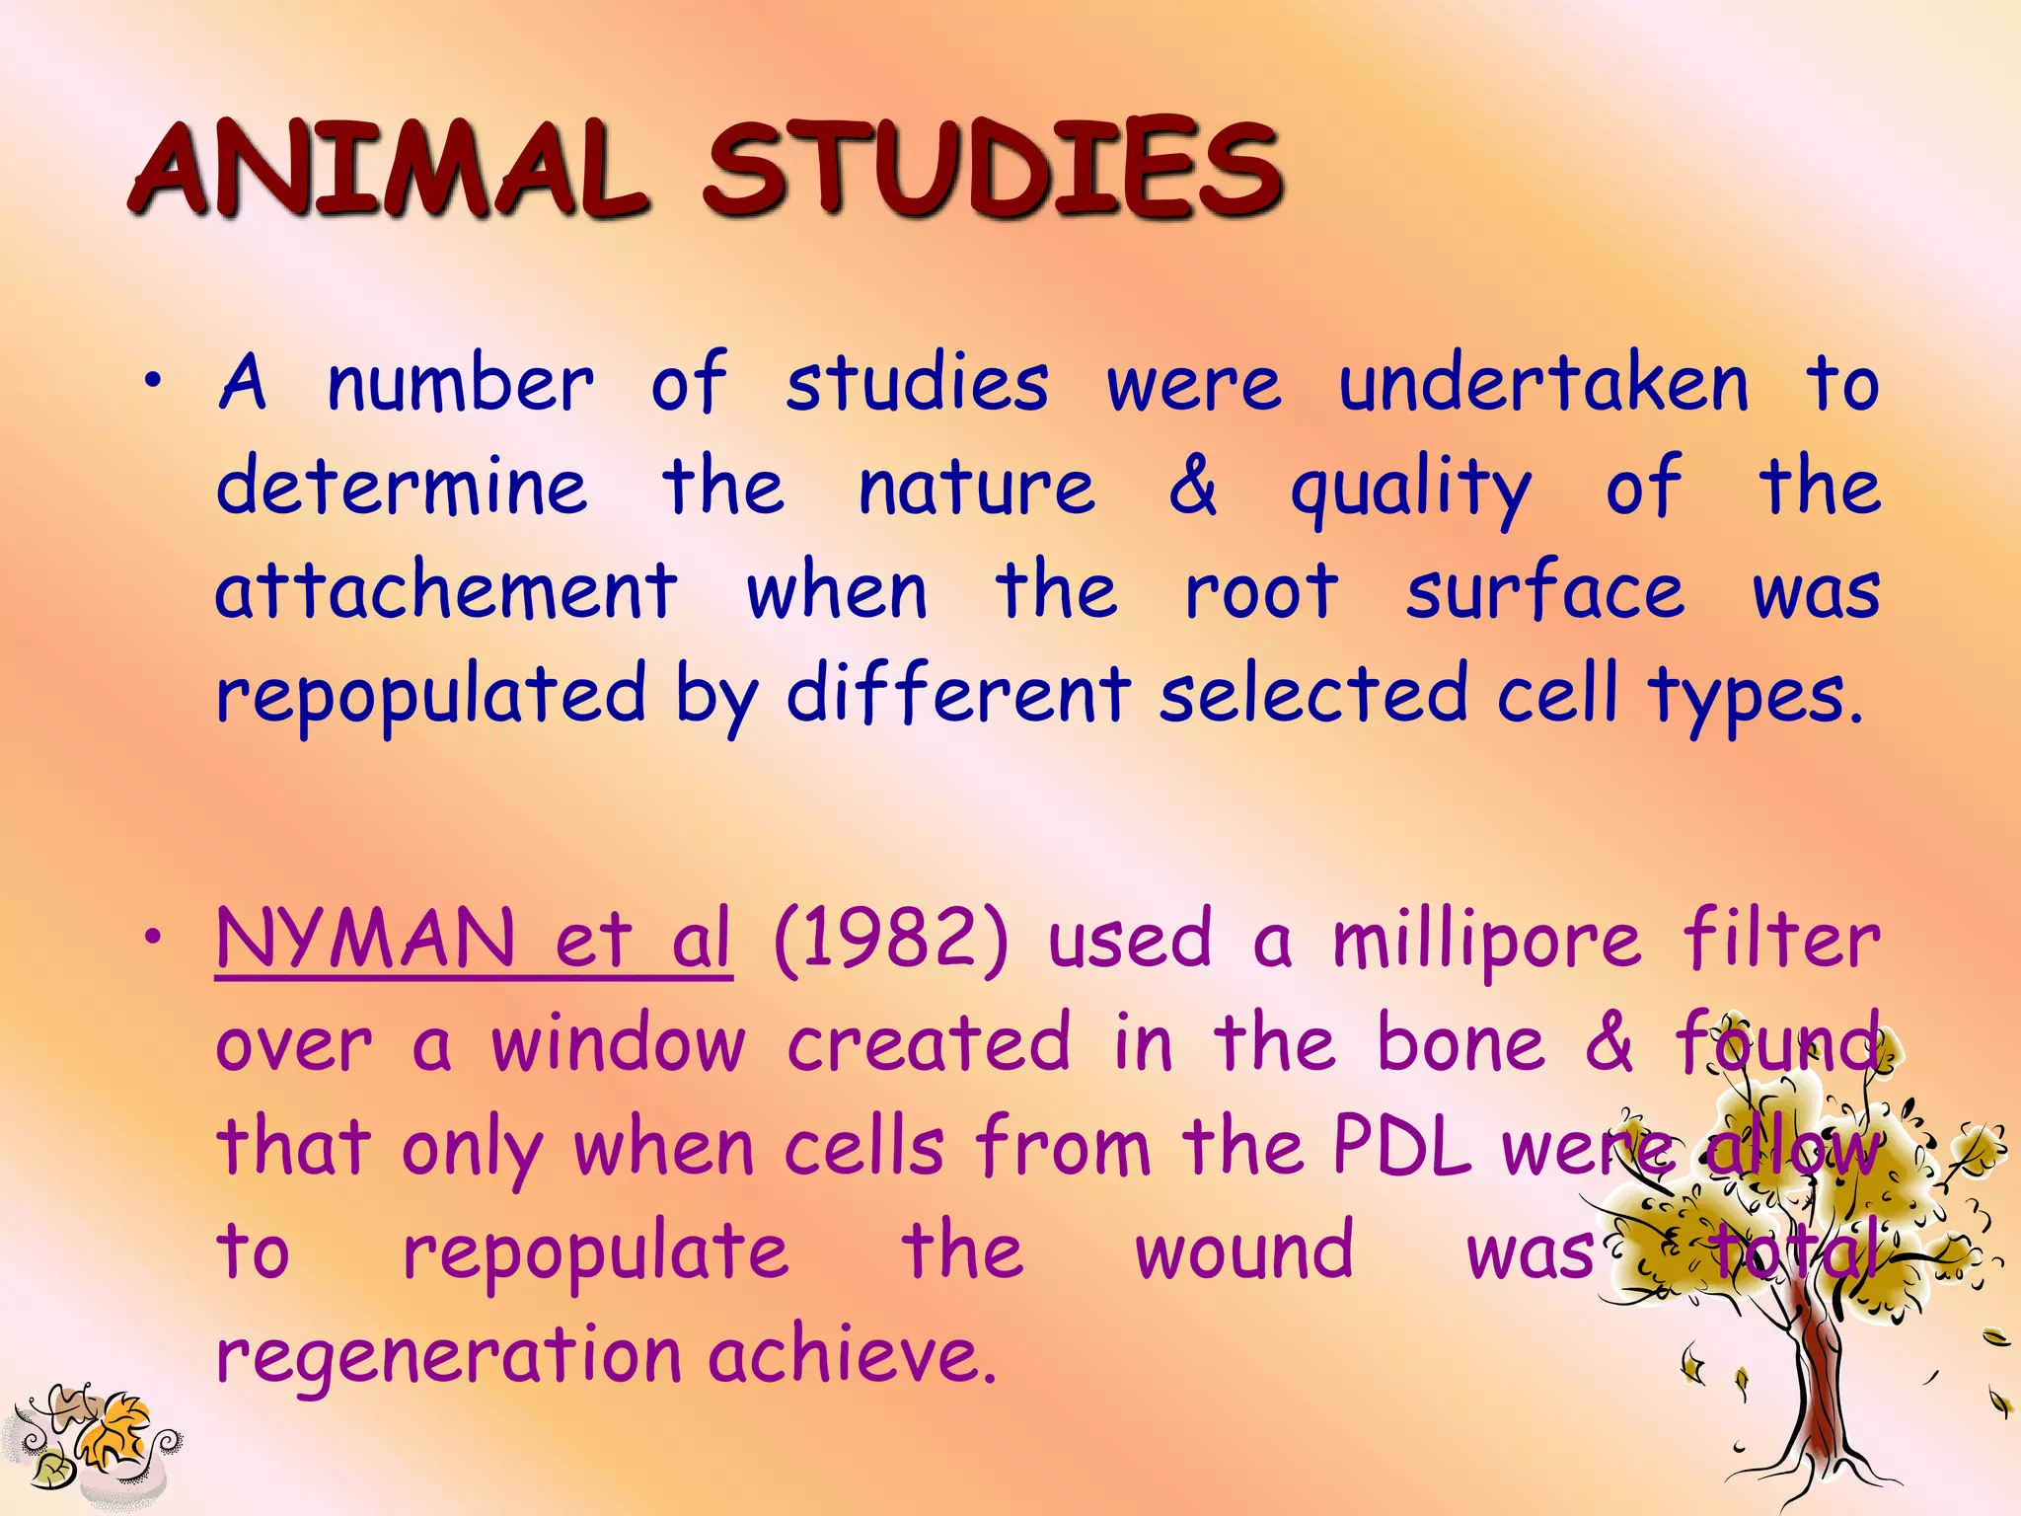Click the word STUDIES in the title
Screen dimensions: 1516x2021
(x=992, y=170)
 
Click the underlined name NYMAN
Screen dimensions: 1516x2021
(x=365, y=939)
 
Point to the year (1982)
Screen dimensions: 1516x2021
(x=891, y=941)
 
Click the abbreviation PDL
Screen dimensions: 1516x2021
(x=1401, y=1148)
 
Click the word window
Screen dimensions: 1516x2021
(x=619, y=1043)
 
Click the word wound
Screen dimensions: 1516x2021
(x=1244, y=1251)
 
